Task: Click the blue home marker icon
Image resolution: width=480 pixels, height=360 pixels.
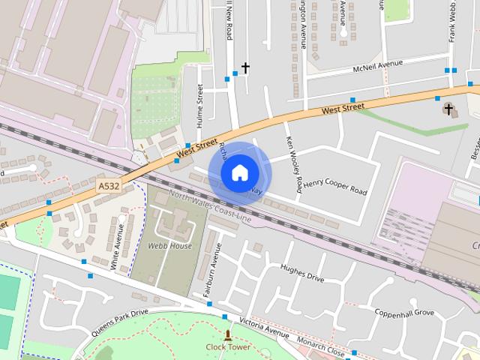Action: [239, 173]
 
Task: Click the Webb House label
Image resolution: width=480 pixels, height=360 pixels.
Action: [169, 246]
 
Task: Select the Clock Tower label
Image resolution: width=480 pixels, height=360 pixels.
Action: [228, 346]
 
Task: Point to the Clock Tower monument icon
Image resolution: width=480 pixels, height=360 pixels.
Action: [228, 334]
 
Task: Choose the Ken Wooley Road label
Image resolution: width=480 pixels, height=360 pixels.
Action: [293, 163]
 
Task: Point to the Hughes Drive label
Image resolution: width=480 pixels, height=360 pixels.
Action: [301, 272]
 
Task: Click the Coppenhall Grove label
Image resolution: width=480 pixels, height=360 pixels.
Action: [405, 312]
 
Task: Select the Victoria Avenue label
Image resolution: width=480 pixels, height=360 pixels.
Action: [264, 328]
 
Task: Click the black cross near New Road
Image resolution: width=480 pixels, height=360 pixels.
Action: [244, 68]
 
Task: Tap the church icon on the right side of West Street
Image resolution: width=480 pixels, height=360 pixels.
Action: [448, 109]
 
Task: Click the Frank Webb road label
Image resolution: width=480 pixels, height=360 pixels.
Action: [452, 22]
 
